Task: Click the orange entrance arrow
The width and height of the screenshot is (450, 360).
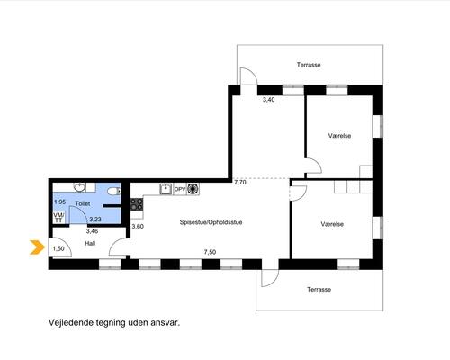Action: pos(37,247)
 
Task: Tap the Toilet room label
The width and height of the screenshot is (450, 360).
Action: pos(84,205)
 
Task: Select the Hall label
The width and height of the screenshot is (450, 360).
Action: pos(90,243)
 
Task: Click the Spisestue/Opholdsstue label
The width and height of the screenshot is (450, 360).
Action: pos(210,222)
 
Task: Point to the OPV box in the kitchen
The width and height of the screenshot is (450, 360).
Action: pos(179,189)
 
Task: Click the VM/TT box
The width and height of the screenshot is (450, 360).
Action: pos(58,218)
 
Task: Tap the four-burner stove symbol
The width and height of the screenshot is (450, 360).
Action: pos(137,206)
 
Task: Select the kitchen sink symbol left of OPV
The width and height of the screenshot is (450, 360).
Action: pos(166,189)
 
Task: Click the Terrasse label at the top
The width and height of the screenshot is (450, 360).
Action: pos(310,65)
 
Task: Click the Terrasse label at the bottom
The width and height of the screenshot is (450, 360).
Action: pos(319,290)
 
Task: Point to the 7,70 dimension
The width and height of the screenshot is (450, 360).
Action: pos(240,182)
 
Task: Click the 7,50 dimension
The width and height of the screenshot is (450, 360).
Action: pos(210,252)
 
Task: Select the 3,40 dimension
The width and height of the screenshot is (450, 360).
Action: pos(267,99)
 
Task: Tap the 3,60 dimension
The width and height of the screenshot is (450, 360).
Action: pos(138,226)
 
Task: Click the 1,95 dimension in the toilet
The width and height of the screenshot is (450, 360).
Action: pos(59,202)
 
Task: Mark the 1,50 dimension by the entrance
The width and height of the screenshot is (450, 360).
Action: pos(58,248)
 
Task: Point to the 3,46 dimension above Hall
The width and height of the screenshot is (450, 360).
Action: pos(92,231)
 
